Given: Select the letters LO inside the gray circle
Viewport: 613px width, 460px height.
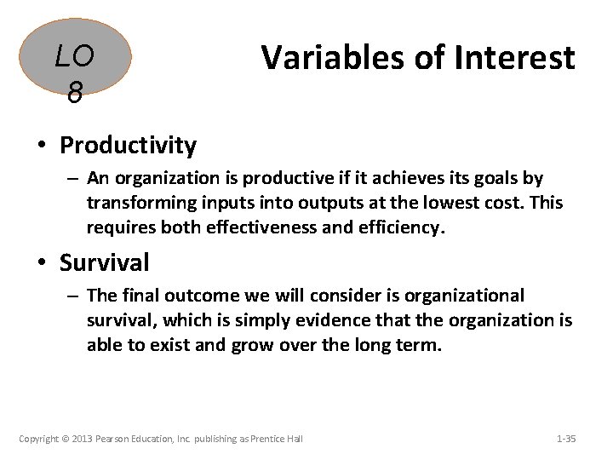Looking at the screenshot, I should pos(75,56).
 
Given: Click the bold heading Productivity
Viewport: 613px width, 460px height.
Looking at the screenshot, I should pos(128,146).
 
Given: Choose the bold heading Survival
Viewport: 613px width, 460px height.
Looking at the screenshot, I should pos(104,262).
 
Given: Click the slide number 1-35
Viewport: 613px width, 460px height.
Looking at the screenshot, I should pos(565,439).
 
